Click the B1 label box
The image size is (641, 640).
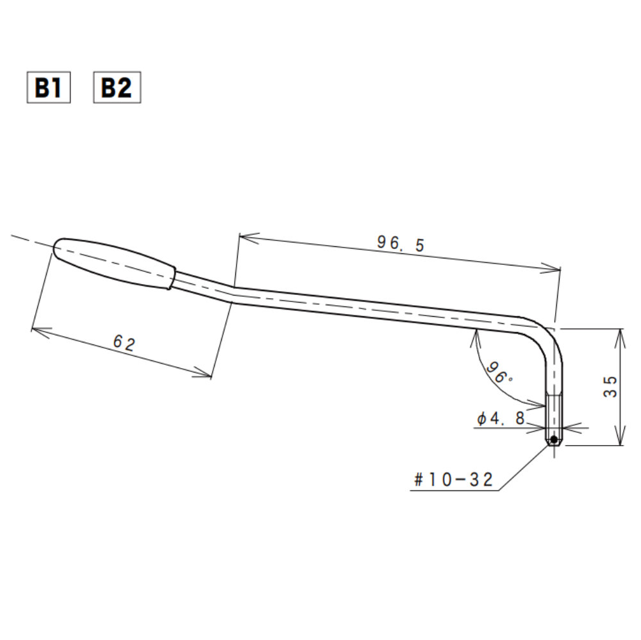point(48,88)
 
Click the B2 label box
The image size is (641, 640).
point(117,88)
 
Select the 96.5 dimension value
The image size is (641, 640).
point(401,243)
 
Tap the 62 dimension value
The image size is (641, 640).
point(124,344)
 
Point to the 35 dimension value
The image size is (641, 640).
point(611,387)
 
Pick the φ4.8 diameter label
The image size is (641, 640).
point(501,419)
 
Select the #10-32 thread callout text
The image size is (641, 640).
point(454,480)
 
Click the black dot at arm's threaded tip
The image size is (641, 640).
point(553,440)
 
